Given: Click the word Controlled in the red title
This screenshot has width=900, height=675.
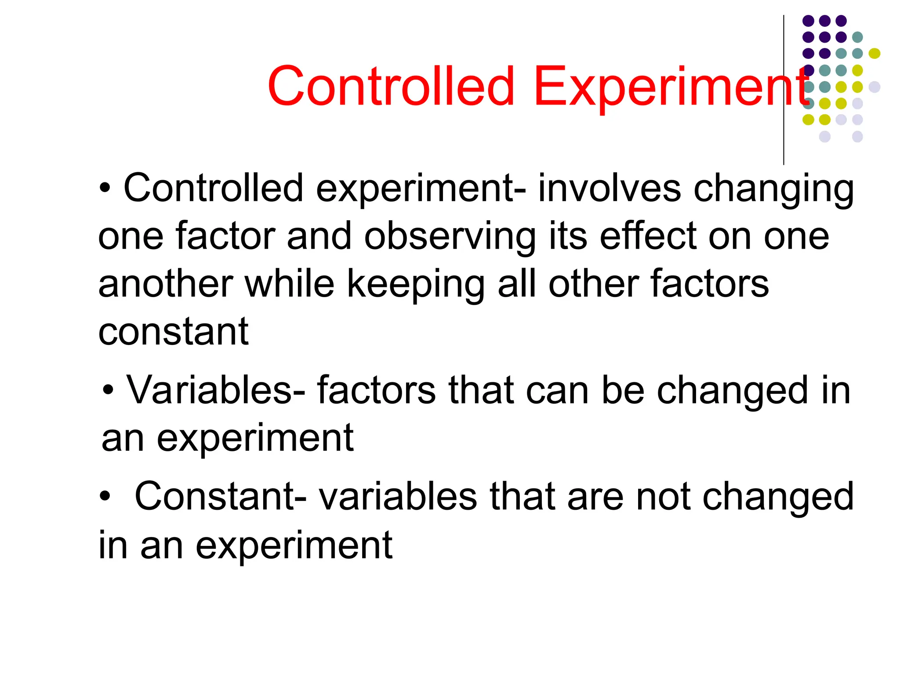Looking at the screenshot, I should click(x=391, y=87).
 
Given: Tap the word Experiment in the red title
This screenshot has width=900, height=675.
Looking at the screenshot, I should click(x=670, y=87).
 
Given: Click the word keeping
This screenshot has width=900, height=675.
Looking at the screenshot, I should click(x=416, y=285).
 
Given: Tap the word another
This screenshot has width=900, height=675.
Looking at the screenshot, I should click(x=165, y=285).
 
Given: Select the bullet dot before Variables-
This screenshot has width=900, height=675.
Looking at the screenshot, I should click(x=108, y=390).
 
